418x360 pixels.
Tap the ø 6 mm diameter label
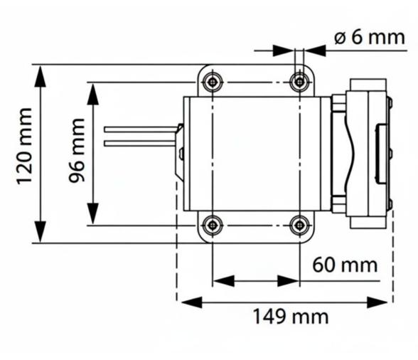(369, 37)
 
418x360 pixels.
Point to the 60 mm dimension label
(345, 265)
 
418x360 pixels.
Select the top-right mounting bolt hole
(300, 83)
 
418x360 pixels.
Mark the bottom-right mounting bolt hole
(300, 225)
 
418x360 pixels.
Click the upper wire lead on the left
(139, 129)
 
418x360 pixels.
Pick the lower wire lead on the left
(139, 143)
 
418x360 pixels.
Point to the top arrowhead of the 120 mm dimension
(41, 75)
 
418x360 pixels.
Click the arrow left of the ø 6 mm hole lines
(285, 51)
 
